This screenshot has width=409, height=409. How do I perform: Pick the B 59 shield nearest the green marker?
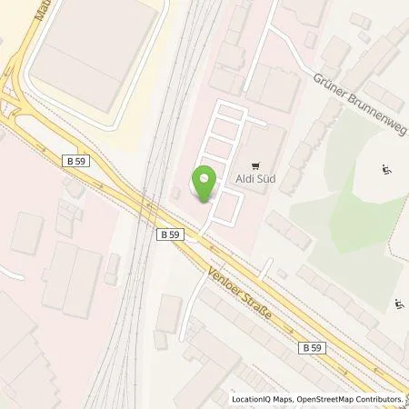(170, 234)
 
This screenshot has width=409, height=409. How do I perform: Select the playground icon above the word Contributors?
(398, 304)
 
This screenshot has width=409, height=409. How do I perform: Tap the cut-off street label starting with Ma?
(35, 12)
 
